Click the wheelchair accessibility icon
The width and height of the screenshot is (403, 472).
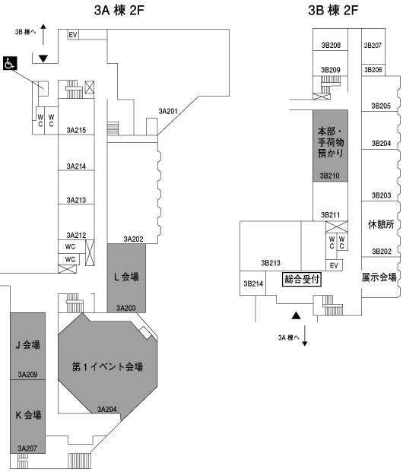click(10, 63)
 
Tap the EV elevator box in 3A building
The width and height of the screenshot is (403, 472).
click(73, 35)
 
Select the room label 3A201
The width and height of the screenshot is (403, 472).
click(168, 112)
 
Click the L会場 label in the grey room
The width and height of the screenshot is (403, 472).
click(126, 277)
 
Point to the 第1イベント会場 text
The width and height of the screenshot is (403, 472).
click(107, 366)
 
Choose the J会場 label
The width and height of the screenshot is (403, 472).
click(27, 344)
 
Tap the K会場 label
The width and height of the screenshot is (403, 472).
click(28, 415)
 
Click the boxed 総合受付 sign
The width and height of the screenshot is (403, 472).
click(302, 279)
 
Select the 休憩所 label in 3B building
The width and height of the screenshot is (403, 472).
click(381, 224)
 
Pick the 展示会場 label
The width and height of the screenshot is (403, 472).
click(379, 277)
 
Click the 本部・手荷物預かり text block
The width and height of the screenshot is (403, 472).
click(331, 142)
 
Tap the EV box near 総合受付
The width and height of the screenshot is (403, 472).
click(334, 265)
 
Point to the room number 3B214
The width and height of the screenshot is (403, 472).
click(253, 284)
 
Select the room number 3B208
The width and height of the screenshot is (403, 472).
click(331, 45)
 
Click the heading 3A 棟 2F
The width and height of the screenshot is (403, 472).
click(119, 10)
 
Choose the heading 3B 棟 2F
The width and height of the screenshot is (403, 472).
click(333, 10)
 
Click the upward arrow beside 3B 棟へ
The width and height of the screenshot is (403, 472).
click(43, 34)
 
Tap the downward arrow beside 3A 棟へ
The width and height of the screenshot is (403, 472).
click(304, 336)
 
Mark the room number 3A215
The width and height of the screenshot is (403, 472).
click(76, 130)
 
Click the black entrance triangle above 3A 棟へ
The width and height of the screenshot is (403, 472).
click(297, 315)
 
